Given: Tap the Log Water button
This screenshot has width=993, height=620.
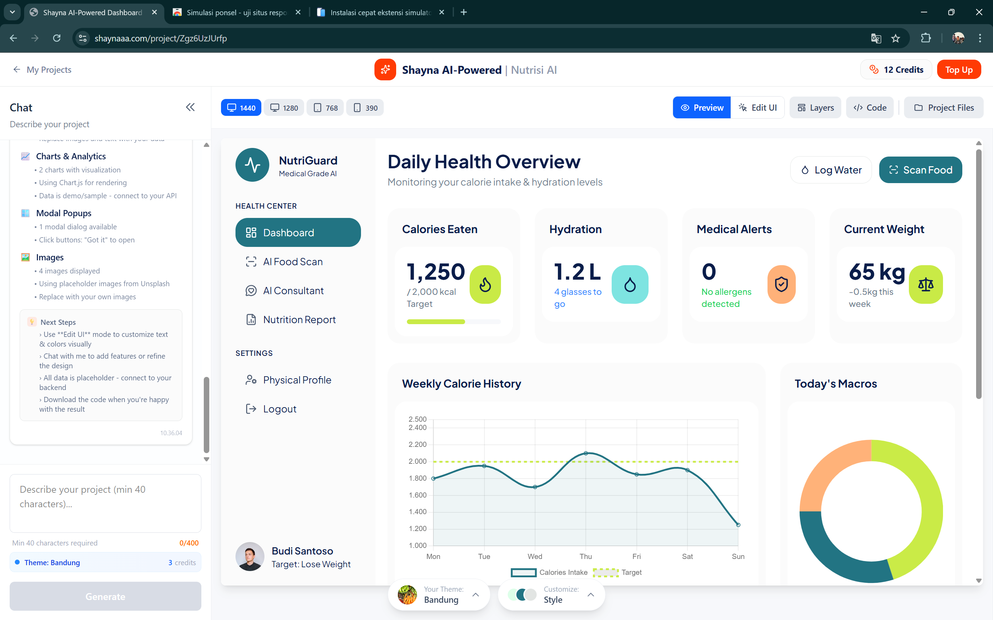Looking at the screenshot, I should pos(831,170).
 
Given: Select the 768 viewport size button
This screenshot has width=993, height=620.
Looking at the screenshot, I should pos(325,108).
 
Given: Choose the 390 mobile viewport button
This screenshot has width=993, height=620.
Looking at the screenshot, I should pos(365,108).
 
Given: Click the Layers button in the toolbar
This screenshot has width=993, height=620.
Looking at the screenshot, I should pos(815,108).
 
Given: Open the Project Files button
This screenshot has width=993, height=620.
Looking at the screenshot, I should pos(943,108).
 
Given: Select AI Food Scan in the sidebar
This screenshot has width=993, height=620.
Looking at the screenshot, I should pos(292,262).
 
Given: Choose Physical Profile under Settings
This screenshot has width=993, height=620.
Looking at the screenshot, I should pos(297,380).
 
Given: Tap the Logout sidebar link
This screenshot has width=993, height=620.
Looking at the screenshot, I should pos(279,409).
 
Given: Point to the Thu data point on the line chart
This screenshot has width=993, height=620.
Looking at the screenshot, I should pos(585,453).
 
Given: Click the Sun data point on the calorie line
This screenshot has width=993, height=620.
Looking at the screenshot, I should pos(738,524).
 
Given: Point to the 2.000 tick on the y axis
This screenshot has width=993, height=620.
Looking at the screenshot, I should pos(418,461).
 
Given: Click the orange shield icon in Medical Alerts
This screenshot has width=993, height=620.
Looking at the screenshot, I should pos(781,284).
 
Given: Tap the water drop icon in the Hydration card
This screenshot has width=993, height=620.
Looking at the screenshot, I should pos(630,284).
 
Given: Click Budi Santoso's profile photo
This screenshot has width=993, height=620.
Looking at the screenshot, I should pos(250,557).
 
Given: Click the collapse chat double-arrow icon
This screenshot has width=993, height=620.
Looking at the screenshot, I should pos(190,108).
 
